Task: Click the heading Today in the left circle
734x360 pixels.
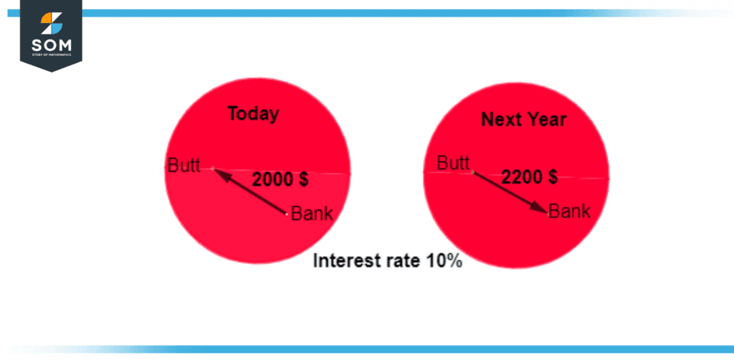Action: click(x=253, y=114)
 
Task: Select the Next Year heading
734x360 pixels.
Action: click(x=523, y=120)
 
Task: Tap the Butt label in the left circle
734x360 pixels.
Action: click(x=183, y=165)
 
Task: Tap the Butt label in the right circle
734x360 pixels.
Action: click(x=453, y=164)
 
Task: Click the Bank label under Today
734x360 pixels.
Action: click(x=312, y=214)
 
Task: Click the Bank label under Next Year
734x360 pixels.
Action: click(x=570, y=212)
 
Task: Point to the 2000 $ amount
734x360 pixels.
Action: click(x=280, y=180)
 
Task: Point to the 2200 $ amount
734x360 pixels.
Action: click(x=530, y=176)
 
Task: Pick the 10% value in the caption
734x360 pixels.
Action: click(x=444, y=261)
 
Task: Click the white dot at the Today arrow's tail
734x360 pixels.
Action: click(x=287, y=213)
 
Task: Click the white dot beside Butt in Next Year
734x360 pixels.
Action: click(x=472, y=172)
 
